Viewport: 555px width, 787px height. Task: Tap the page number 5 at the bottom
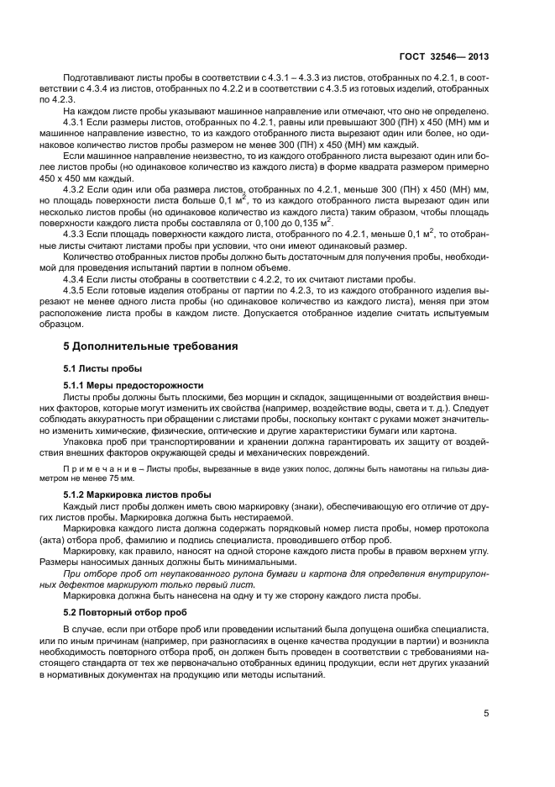[486, 714]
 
